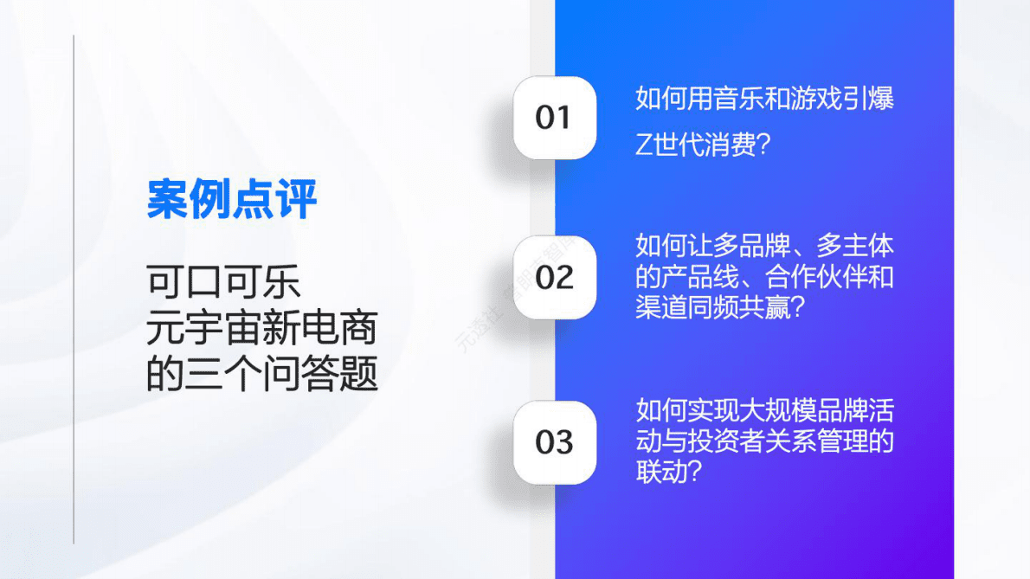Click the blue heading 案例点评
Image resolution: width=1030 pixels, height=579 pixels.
[x=232, y=200]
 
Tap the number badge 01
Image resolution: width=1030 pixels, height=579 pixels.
[x=554, y=118]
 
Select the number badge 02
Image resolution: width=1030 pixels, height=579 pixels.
[x=554, y=278]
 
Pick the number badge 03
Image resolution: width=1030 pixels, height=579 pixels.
[x=554, y=442]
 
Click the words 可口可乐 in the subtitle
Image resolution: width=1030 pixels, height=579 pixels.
[x=223, y=283]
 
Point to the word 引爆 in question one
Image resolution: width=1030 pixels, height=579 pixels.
[x=868, y=99]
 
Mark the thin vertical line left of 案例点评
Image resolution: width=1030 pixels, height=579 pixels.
[x=74, y=289]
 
